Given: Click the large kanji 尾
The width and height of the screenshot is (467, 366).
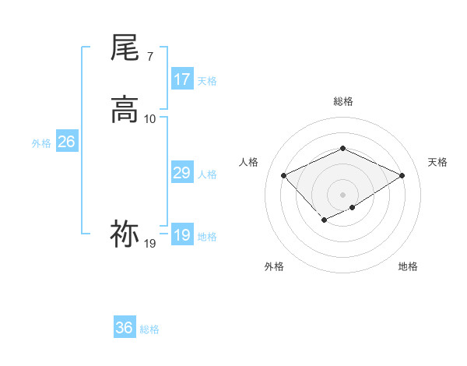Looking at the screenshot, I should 125,48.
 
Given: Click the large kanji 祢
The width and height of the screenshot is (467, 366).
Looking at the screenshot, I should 125,233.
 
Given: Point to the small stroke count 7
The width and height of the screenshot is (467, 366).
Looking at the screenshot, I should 149,58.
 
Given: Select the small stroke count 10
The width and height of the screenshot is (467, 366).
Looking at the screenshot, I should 150,119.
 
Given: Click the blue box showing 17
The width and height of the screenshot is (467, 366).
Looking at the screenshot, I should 182,79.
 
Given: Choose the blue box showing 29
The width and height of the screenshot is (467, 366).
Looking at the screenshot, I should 182,174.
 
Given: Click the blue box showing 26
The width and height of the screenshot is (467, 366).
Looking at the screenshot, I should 66,142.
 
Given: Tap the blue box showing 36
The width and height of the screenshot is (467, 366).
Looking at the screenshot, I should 125,328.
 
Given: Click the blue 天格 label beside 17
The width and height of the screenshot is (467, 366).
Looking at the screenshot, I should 207,81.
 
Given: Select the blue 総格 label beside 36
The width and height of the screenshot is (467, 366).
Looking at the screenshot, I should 149,329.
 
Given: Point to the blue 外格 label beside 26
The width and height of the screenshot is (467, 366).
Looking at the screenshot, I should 41,143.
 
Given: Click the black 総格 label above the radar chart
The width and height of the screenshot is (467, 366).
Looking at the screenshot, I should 343,102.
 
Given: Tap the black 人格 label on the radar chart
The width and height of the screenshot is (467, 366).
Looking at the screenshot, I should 249,162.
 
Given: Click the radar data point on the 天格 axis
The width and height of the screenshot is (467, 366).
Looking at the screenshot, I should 402,176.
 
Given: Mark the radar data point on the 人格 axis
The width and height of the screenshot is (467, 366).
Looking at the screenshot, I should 284,176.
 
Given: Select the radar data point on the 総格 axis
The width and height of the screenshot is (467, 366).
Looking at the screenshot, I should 343,148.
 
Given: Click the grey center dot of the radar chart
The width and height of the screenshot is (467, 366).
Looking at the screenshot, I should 343,195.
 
